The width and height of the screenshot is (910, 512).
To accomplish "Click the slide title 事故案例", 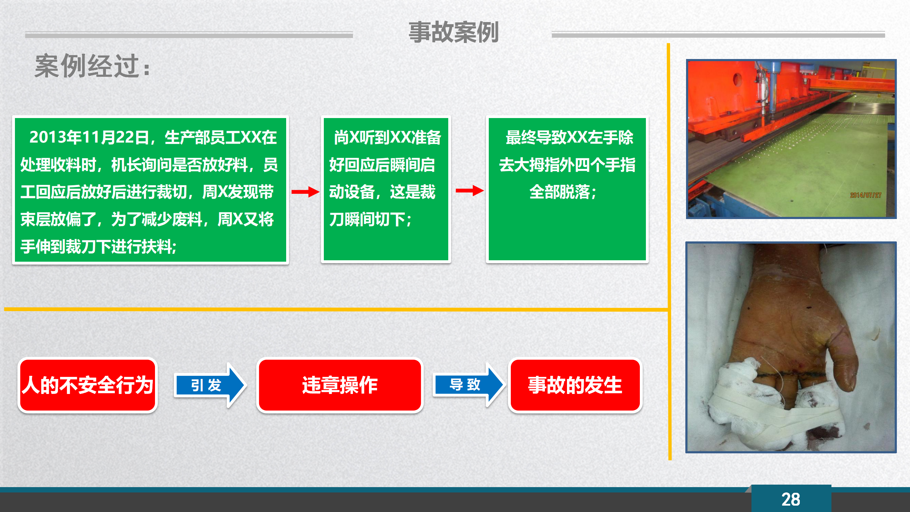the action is pos(454,32).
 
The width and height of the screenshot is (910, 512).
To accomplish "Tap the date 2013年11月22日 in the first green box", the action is pos(89,138).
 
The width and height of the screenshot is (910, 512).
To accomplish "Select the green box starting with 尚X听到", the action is pos(386,190).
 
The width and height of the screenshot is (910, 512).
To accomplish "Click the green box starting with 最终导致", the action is pos(567,190).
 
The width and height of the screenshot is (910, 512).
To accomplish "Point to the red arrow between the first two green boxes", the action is pos(305,192).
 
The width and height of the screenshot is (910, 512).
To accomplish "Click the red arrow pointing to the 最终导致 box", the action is pos(470,191).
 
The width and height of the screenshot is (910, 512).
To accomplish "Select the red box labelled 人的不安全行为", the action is pos(87,385).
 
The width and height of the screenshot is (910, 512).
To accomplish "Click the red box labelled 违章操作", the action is pos(340,385).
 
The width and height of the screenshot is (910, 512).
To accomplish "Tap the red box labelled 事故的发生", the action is pos(575,385).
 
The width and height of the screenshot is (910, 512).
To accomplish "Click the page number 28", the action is pos(791,500).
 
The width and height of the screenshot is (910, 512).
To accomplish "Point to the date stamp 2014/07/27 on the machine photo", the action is pos(866,195).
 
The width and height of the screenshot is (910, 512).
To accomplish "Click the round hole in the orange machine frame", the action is pos(737,79).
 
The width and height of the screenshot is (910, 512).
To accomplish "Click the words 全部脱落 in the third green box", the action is pos(560,192).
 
